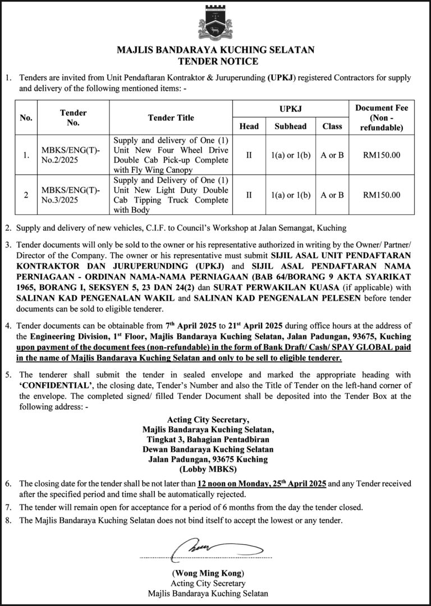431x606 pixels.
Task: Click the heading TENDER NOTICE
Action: (215, 61)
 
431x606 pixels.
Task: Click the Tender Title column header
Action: (171, 118)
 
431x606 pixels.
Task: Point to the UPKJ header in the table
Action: (290, 106)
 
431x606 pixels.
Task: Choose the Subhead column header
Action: (290, 126)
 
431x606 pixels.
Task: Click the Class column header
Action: (332, 126)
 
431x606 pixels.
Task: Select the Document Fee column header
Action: (382, 118)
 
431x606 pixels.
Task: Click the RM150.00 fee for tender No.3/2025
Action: (382, 195)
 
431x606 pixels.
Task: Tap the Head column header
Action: (249, 126)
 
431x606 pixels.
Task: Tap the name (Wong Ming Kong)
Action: (208, 573)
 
